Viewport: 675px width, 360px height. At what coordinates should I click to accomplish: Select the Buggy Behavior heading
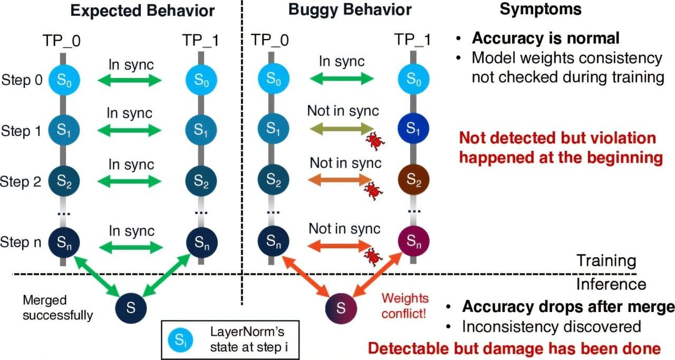click(x=350, y=10)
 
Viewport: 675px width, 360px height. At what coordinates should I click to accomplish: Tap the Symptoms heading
click(x=541, y=9)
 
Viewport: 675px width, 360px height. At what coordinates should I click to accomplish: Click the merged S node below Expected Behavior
click(x=131, y=306)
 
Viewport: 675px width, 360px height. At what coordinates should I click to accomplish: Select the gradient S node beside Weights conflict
click(x=341, y=306)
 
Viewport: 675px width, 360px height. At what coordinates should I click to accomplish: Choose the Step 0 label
click(x=23, y=80)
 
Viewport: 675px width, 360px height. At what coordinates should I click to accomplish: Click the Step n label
click(x=23, y=242)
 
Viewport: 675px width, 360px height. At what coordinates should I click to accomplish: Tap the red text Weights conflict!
click(x=404, y=305)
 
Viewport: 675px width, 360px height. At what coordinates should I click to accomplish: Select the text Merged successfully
click(x=57, y=308)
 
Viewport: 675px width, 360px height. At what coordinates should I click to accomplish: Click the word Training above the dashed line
click(x=606, y=260)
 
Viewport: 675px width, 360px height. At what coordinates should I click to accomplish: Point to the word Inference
click(x=611, y=285)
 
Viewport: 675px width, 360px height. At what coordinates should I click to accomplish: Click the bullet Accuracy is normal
click(x=545, y=38)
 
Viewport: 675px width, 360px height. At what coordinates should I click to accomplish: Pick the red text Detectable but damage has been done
click(x=514, y=348)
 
